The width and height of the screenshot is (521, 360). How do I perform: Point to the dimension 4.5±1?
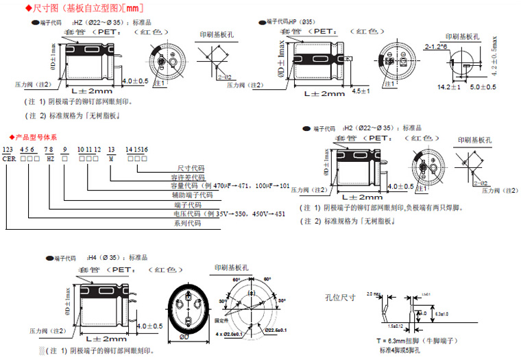click(x=361, y=90)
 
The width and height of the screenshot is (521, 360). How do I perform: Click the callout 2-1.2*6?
click(x=436, y=47)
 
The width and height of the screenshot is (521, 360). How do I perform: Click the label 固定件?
click(x=221, y=320)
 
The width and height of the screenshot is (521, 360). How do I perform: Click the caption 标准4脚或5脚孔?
click(x=403, y=350)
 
